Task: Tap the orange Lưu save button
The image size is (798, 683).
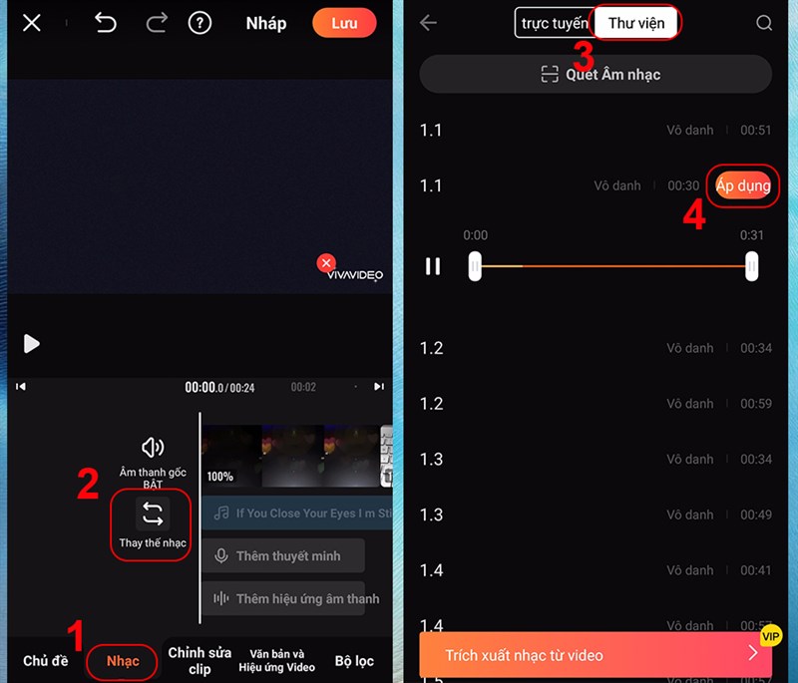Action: (344, 23)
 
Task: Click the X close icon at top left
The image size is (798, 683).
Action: (32, 23)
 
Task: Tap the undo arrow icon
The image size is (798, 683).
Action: (105, 23)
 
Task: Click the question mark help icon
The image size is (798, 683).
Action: (199, 23)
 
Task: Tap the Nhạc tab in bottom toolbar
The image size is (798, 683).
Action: (123, 661)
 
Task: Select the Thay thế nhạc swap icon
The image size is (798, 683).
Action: (152, 514)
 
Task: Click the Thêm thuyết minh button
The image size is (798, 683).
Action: (283, 555)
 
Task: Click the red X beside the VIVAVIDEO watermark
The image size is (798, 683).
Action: (325, 263)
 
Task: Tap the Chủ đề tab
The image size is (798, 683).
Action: (46, 661)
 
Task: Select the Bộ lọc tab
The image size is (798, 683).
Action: (354, 661)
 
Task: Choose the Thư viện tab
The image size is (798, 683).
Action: (636, 23)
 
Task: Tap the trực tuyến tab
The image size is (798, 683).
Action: (554, 23)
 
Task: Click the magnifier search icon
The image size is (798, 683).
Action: (764, 23)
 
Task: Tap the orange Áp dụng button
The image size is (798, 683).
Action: (743, 186)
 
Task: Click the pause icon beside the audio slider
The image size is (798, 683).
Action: (433, 266)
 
